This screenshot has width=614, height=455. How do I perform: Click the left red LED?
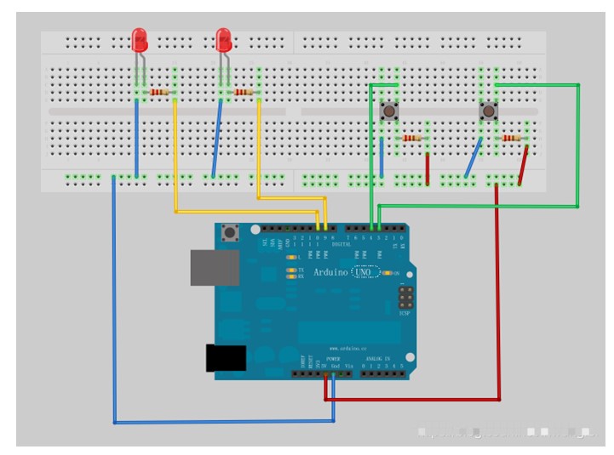140,37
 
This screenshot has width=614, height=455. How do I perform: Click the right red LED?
223,37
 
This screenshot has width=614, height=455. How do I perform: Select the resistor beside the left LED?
159,92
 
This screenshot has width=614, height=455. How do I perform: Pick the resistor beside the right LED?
243,92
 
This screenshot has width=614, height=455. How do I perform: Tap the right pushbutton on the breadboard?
489,111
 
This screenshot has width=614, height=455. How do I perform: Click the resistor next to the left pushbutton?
412,138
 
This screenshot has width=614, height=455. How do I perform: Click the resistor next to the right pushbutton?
512,138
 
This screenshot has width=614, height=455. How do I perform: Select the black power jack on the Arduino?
225,357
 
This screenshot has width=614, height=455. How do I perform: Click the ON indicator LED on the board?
387,272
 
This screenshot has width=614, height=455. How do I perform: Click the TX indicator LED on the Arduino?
291,269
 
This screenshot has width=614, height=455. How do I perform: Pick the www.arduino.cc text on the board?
344,349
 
